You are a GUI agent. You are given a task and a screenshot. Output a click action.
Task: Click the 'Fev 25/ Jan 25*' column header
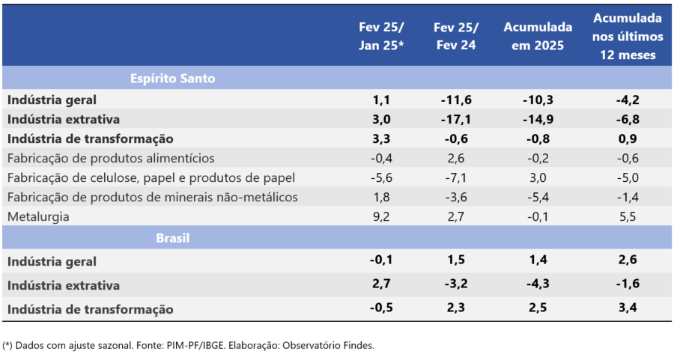381,35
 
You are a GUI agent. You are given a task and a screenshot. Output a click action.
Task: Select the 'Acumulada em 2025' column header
533,35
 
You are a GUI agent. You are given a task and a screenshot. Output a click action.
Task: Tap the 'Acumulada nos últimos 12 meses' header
628,35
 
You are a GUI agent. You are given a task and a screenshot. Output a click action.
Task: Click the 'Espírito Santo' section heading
172,78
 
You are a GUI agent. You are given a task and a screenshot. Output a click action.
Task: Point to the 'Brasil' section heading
172,238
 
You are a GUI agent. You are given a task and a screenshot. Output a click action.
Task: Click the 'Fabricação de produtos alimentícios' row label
111,158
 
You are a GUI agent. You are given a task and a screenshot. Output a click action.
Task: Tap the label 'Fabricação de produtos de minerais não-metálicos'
152,198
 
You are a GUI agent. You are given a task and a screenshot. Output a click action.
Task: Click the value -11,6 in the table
457,100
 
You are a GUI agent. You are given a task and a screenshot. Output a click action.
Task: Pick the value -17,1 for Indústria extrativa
457,119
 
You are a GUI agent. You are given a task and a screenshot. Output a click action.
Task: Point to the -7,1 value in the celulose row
457,178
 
